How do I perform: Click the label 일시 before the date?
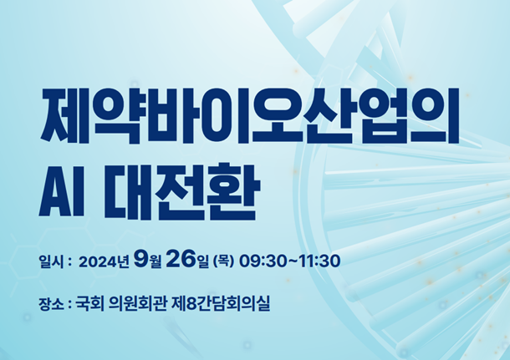pyautogui.click(x=51, y=261)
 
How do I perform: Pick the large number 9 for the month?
pyautogui.click(x=140, y=259)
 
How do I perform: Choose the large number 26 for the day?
pyautogui.click(x=181, y=259)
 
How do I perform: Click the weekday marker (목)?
pyautogui.click(x=223, y=261)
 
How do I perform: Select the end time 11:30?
pyautogui.click(x=319, y=261)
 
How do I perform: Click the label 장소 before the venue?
pyautogui.click(x=51, y=304)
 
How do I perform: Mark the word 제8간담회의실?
pyautogui.click(x=220, y=304)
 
